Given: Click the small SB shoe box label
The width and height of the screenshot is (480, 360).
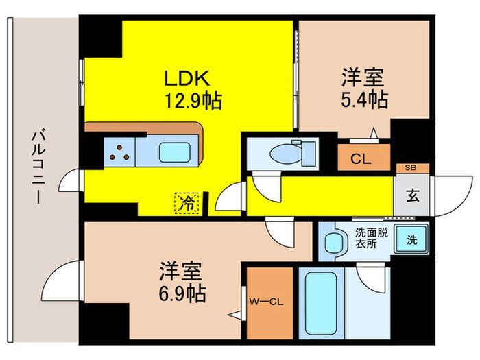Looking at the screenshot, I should click(x=411, y=167).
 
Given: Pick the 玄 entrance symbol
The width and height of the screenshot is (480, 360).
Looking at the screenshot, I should click(x=413, y=195).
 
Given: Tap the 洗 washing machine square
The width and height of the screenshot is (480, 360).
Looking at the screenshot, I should click(x=411, y=240).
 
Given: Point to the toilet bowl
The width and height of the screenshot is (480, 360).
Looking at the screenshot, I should click(x=289, y=152).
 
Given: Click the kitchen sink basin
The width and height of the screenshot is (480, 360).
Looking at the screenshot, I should click(x=174, y=151).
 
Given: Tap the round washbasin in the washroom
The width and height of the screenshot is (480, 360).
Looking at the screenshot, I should click(x=333, y=242).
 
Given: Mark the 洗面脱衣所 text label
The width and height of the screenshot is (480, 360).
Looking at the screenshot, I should click(x=371, y=237).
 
